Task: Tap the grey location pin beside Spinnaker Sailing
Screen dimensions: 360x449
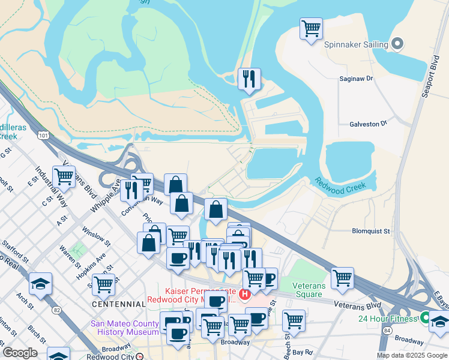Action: pyautogui.click(x=397, y=44)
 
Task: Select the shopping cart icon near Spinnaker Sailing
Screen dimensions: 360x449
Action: pyautogui.click(x=311, y=29)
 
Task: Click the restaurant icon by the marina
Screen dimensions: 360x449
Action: pyautogui.click(x=249, y=79)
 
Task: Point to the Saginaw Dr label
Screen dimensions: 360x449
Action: pyautogui.click(x=356, y=78)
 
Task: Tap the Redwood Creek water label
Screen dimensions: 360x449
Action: pyautogui.click(x=340, y=183)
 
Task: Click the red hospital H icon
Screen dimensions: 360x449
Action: pyautogui.click(x=244, y=294)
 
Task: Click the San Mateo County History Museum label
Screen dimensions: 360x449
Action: pyautogui.click(x=124, y=327)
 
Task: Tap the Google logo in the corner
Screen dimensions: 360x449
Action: pyautogui.click(x=20, y=352)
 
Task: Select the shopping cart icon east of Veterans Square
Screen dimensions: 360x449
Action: pyautogui.click(x=342, y=278)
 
